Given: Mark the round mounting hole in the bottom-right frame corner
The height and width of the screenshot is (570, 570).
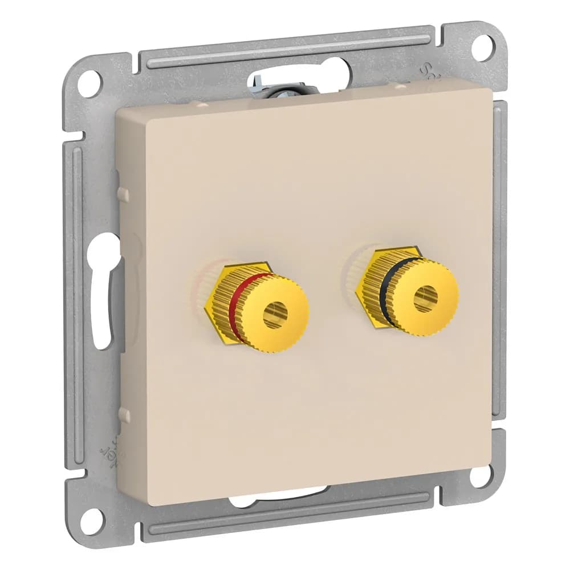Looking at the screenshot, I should click(481, 475).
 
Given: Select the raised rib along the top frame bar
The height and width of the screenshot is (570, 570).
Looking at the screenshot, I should click(285, 48).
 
